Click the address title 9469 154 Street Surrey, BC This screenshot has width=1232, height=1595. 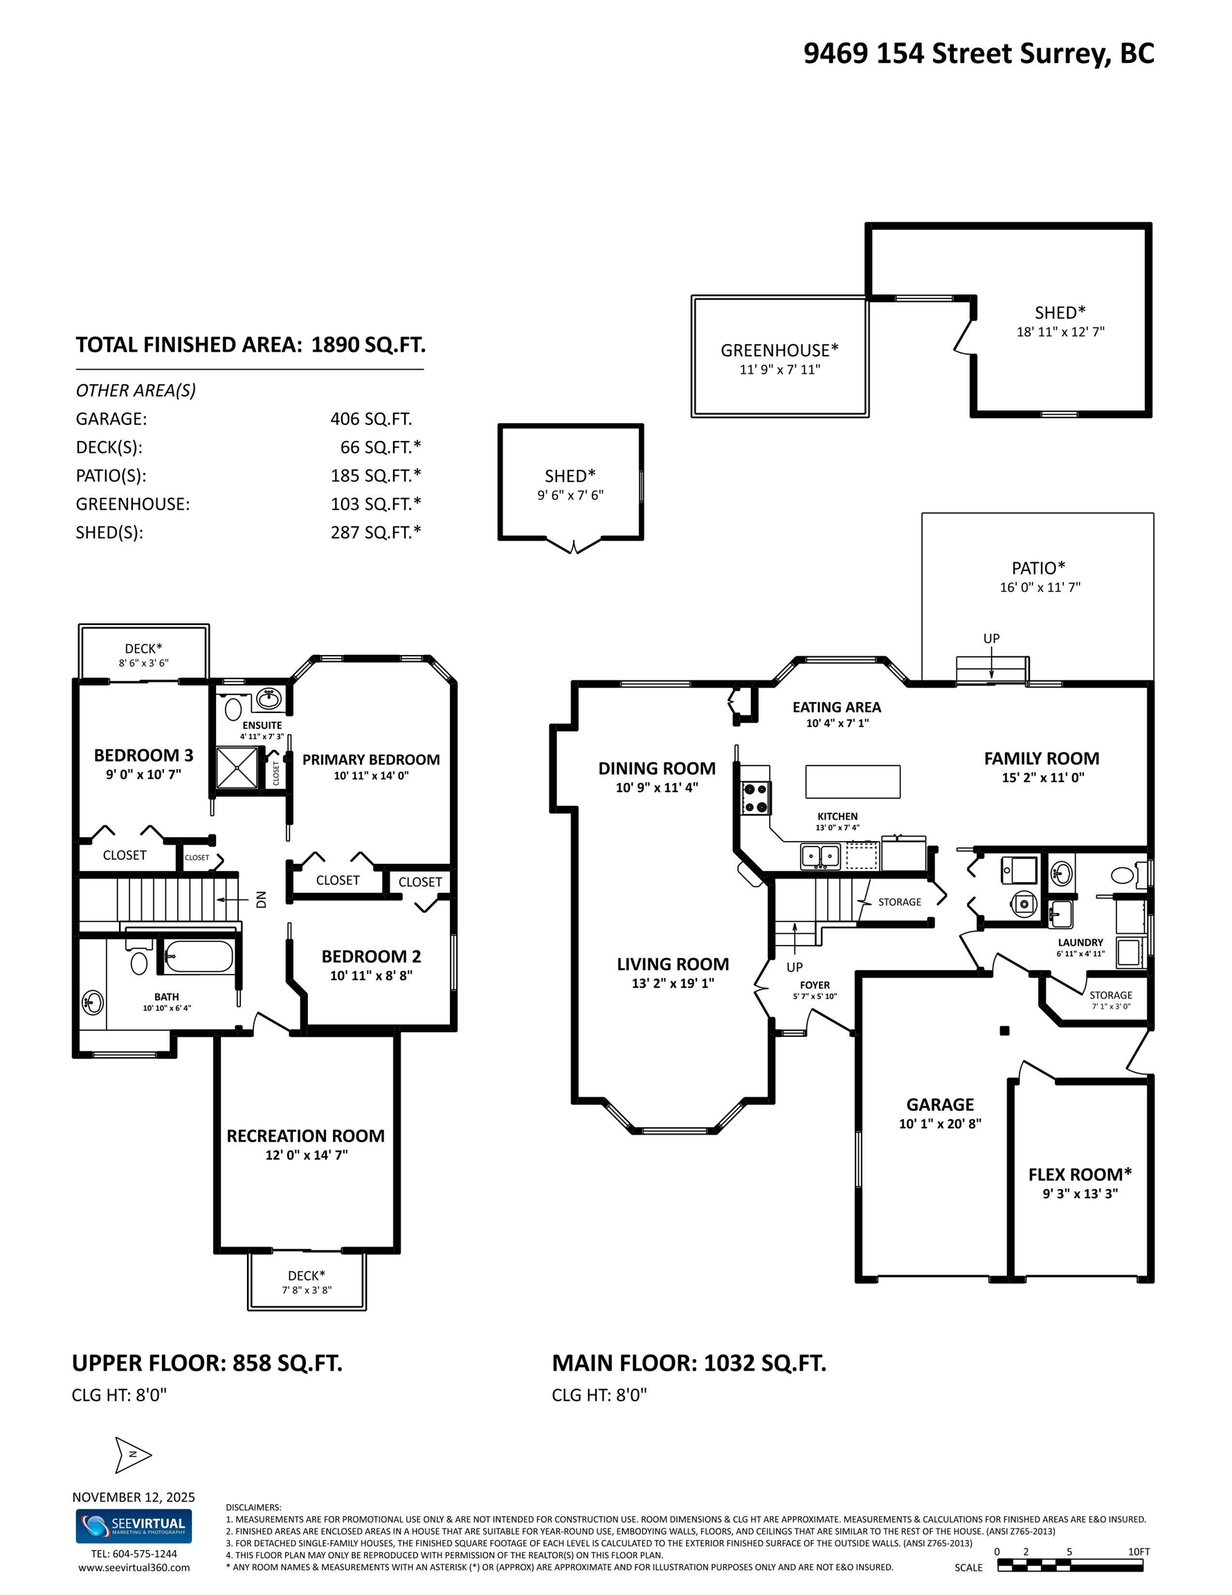[x=979, y=53]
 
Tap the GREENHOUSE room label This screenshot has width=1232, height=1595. [x=779, y=350]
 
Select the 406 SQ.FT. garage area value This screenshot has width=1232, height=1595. [x=371, y=418]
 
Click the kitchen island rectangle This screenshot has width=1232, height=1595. [x=852, y=782]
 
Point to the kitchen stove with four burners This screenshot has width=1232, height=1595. [x=756, y=797]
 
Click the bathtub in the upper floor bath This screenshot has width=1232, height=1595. [x=198, y=956]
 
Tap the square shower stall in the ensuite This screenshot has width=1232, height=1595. [x=237, y=768]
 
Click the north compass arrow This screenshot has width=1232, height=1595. [x=133, y=1454]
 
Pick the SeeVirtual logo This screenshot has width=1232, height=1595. [x=134, y=1526]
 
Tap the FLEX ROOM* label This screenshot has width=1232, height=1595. [x=1080, y=1174]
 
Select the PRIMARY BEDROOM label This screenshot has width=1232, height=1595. [x=371, y=759]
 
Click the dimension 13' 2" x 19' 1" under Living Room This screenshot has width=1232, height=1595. [x=673, y=983]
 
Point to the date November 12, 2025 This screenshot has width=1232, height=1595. [x=134, y=1497]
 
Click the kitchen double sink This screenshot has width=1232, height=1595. [x=820, y=855]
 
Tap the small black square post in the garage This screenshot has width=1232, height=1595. [x=1004, y=1031]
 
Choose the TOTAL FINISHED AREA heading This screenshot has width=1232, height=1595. [x=251, y=345]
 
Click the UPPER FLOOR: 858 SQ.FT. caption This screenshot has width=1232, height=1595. [x=207, y=1363]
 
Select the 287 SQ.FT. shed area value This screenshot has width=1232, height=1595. [x=375, y=532]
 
